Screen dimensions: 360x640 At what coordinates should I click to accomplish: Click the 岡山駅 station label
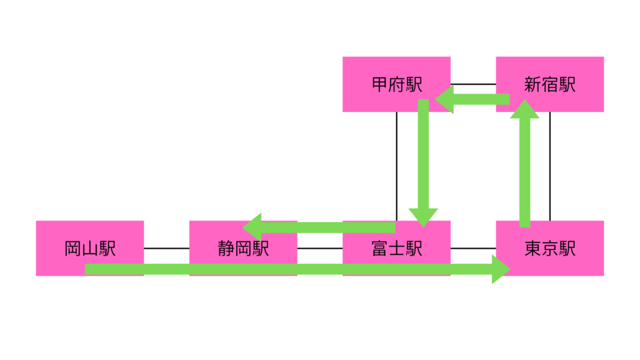pos(90,249)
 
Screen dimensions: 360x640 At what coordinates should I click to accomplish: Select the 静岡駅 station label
pos(243,249)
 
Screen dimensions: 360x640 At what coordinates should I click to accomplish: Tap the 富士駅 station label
pos(396,249)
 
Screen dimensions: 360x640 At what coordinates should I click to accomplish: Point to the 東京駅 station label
pos(550,249)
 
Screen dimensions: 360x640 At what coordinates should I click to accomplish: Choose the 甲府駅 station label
pos(396,84)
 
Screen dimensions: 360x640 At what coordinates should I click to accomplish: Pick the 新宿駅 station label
pos(550,84)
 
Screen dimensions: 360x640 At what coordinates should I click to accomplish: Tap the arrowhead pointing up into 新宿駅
pos(524,109)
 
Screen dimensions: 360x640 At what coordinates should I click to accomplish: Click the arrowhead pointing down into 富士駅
pos(423,216)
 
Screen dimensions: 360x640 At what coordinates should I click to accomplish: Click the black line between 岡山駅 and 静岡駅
pos(166,248)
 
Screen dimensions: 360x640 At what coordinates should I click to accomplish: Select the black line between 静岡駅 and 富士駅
pos(319,248)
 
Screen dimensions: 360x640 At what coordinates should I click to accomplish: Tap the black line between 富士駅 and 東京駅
pos(473,248)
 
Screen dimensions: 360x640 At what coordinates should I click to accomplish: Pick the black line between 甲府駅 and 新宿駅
pos(473,84)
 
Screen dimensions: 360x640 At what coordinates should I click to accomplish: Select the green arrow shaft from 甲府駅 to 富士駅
pos(423,156)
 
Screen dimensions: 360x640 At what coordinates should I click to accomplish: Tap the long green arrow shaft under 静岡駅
pos(244,269)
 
